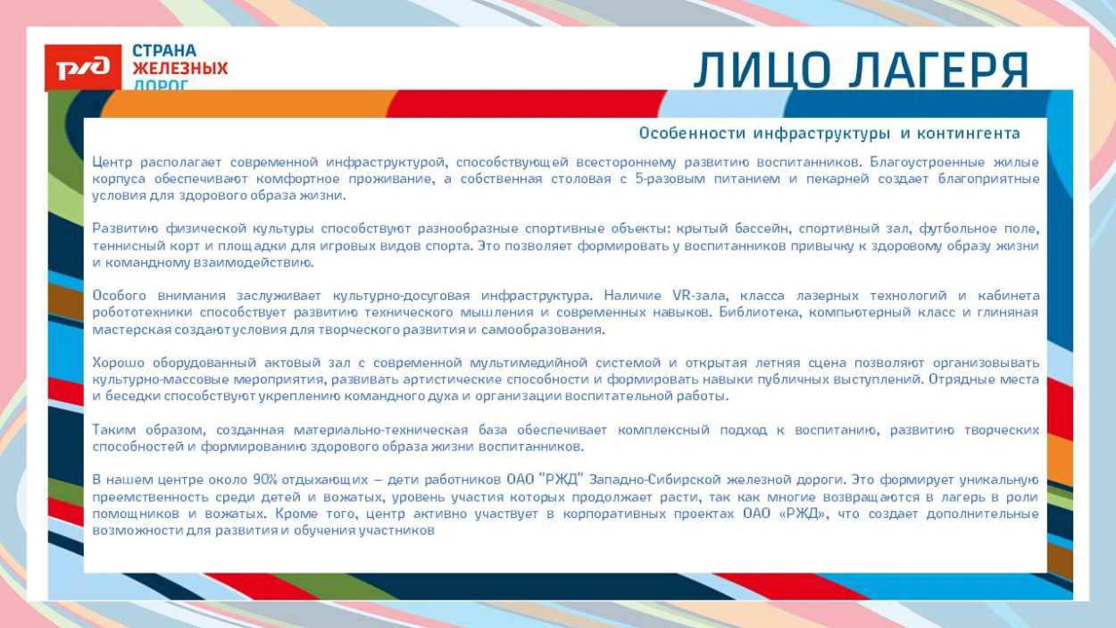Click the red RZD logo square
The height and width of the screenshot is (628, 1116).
coord(82,68)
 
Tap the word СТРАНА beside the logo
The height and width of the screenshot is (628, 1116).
coord(164,51)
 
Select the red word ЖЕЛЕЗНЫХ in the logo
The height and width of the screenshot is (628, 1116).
coord(179,69)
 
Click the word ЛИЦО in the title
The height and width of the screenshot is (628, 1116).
coord(762,71)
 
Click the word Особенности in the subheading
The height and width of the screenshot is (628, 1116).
coord(692,134)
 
